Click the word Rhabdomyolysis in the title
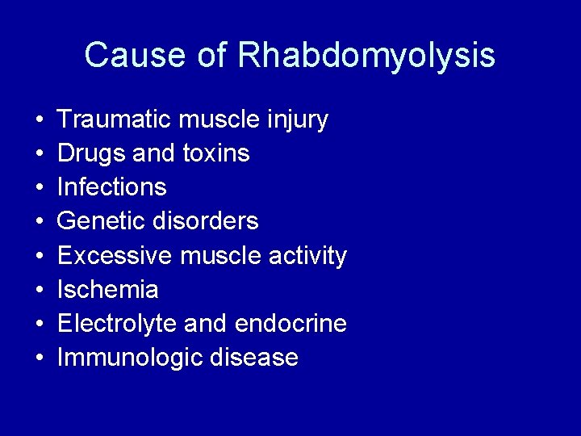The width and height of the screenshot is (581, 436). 366,56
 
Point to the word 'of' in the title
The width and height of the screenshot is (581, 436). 207,56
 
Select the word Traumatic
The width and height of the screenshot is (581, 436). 115,119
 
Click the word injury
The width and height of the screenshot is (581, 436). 297,120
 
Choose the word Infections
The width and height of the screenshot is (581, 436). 112,187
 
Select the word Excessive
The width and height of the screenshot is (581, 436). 115,256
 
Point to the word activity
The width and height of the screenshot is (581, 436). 307,257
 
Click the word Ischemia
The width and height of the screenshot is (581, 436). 108,290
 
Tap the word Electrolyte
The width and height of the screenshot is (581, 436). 117,324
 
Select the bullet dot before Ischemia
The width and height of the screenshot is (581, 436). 40,291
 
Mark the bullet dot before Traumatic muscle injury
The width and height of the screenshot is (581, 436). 40,120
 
